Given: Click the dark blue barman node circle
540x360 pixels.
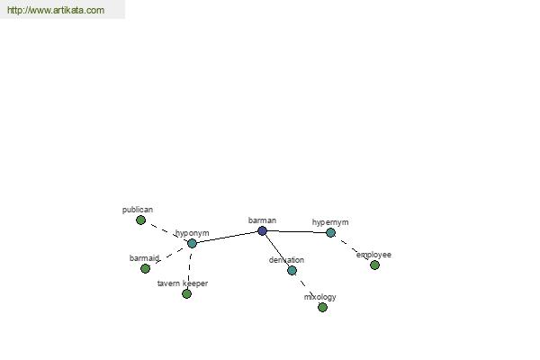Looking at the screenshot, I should pos(262,231).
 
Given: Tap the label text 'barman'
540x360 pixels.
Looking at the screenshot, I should pos(262,220).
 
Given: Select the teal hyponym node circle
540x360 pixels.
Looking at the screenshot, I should pos(192,243).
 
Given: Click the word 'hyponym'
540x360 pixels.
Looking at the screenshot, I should pos(192,233).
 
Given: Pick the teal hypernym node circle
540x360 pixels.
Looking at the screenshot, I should pos(330,232).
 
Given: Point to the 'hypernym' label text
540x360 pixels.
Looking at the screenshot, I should pos(330,222).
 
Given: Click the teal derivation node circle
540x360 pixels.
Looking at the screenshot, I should pos(292,270).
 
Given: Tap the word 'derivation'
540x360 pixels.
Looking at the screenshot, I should pos(286,260).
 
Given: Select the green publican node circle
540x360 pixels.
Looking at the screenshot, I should pos(140,220).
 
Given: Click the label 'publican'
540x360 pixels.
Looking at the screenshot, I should pos(138,210).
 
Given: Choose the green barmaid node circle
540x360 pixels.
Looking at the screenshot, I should pos(145,268).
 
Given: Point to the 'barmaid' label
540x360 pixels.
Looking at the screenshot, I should pos(144,258).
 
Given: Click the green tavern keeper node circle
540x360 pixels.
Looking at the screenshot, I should pos(186,293).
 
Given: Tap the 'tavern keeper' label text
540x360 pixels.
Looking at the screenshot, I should pos(183,283).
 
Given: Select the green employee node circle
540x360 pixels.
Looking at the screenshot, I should pos(374,265).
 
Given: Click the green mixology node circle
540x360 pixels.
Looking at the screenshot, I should pos(322,307).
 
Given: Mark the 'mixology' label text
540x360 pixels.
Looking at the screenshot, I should pos(319,297).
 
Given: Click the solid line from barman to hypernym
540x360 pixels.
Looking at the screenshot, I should pos(297,232).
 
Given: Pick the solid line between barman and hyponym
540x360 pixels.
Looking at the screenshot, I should pos(227,238).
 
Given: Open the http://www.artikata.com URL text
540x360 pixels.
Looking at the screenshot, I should pos(55,11).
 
